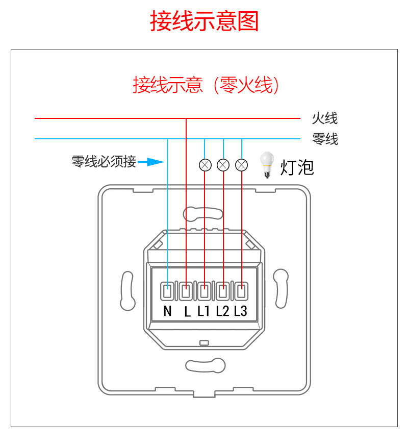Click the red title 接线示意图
(204, 22)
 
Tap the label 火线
(324, 119)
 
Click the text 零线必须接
(104, 162)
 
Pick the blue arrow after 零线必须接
(151, 162)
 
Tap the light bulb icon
(266, 164)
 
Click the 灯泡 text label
(297, 167)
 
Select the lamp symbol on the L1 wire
(205, 165)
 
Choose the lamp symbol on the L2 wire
(223, 165)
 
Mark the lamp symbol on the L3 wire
(241, 165)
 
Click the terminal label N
(167, 311)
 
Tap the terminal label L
(187, 312)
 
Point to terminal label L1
(203, 311)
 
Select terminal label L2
(222, 311)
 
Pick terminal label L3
(241, 311)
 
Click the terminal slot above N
(167, 292)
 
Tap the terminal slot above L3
(241, 292)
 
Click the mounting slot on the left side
(127, 291)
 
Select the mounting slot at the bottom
(205, 365)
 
